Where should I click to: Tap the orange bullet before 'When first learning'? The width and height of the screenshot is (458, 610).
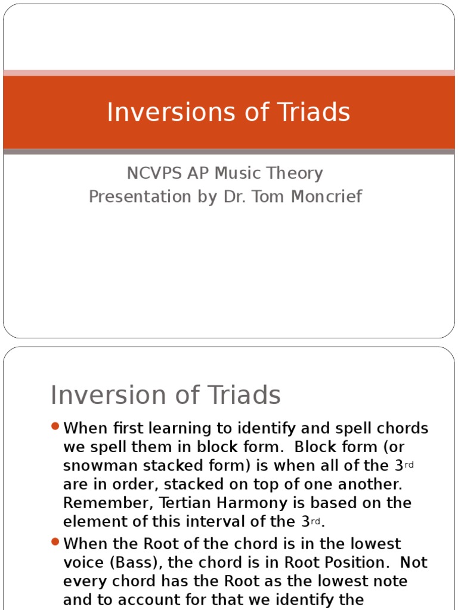[x=55, y=426]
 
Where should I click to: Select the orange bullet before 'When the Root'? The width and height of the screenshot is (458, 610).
[x=55, y=541]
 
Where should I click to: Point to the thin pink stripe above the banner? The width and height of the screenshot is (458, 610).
[x=229, y=73]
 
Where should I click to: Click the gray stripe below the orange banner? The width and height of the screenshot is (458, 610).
[x=229, y=152]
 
